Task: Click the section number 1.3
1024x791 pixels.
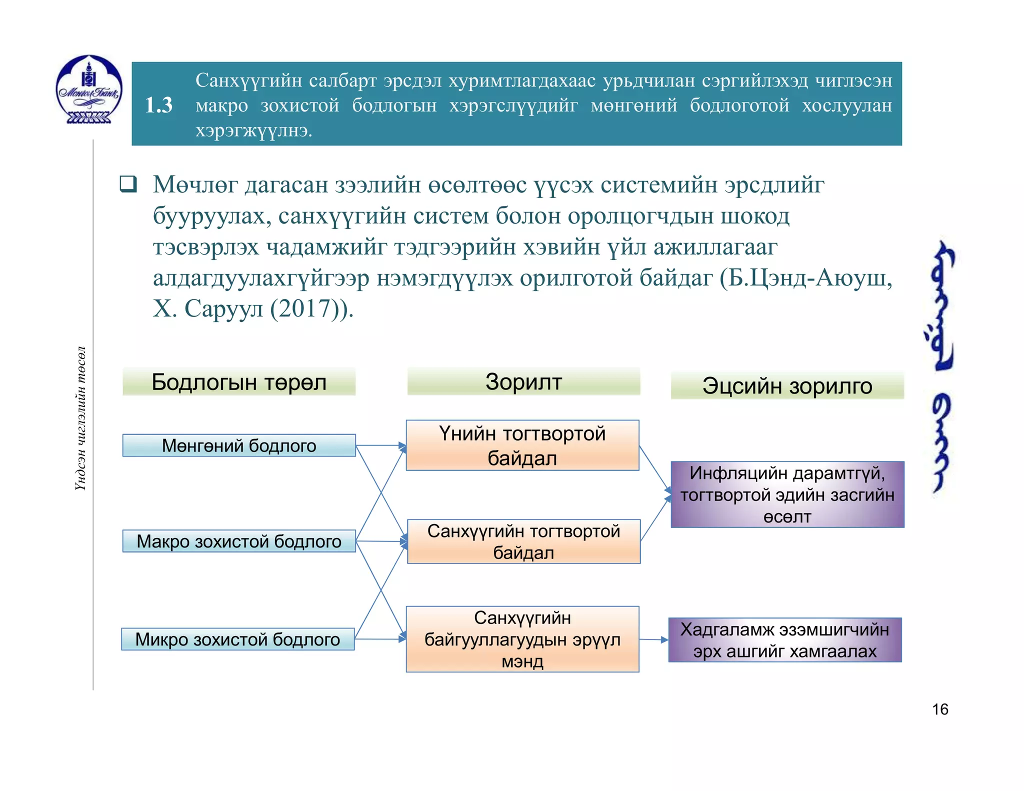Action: (158, 105)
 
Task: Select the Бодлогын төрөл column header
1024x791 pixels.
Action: (239, 382)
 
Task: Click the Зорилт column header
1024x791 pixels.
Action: (523, 381)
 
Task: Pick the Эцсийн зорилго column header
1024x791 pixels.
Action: (787, 385)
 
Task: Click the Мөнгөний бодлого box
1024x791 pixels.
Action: (239, 445)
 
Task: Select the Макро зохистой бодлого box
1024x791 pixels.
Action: (239, 541)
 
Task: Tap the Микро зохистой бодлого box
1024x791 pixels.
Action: (238, 639)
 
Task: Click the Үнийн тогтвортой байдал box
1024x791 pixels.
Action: (522, 445)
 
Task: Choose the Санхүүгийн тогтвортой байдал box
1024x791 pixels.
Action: (523, 541)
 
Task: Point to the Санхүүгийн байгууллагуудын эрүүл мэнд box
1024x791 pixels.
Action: (522, 639)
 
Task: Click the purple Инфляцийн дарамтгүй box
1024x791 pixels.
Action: (787, 494)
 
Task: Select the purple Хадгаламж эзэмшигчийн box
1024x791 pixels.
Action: (785, 640)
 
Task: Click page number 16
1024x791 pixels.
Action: (940, 709)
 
